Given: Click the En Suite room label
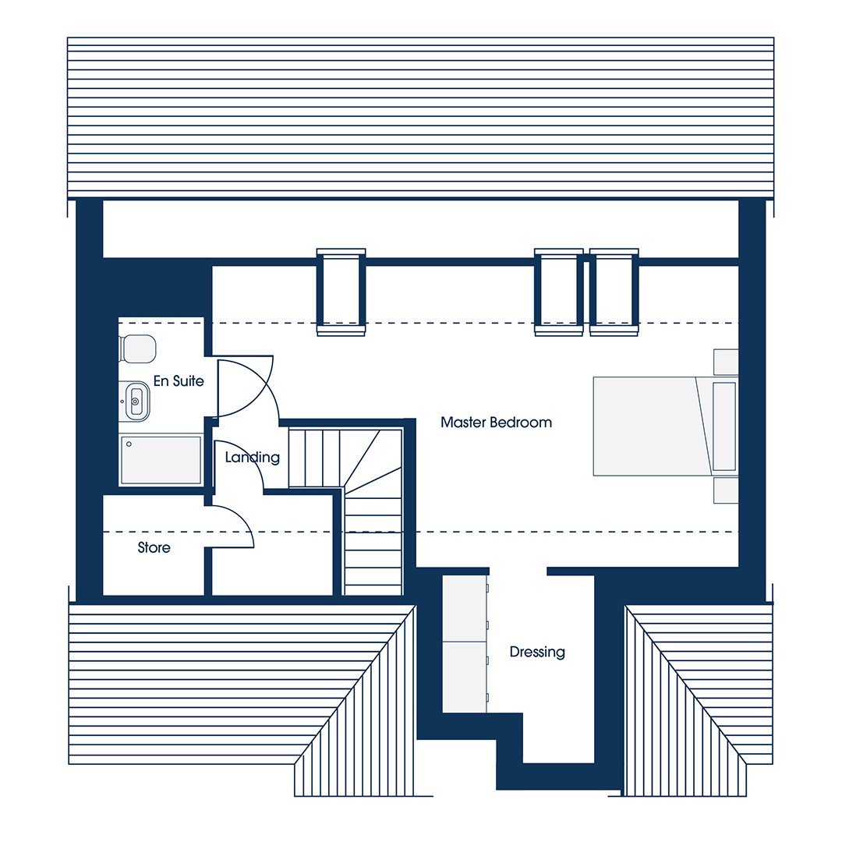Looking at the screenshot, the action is point(179,381).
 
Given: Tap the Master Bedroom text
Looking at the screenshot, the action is point(496,423).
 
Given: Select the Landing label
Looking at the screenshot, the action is point(253,458).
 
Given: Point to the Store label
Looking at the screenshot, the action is point(154,548).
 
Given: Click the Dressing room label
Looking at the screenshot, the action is point(537,652).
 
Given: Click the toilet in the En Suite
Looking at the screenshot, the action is point(138,348).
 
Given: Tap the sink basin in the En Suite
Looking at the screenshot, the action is point(136,402).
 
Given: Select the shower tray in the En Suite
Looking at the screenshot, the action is point(161,460).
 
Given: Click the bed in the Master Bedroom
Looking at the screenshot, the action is point(665,426).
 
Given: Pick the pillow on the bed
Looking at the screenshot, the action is point(723,426).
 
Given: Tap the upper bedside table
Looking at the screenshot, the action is point(726,362).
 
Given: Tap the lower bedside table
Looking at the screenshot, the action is point(726,491).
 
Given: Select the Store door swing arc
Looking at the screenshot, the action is point(242,518).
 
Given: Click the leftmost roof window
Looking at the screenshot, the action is point(341,292).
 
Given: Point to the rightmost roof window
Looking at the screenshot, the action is point(614,292).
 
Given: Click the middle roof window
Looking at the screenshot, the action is point(558,292).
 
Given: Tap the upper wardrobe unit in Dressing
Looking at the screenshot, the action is point(465,608).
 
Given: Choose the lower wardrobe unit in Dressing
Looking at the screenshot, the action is point(465,677).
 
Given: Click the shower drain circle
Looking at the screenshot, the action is point(129,444).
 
